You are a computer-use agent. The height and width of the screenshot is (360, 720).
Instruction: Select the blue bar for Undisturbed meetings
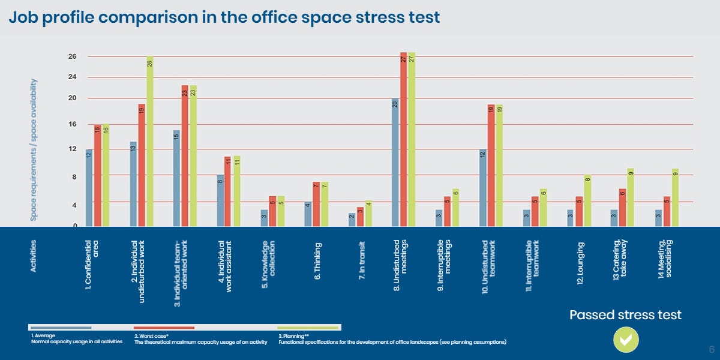[395, 162]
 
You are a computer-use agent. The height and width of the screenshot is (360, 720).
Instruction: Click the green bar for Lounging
[587, 200]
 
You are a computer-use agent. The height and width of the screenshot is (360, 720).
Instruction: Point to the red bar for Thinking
[316, 204]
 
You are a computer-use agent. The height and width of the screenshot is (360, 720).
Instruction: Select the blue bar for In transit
[352, 220]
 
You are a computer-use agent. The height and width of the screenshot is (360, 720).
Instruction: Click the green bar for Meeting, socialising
[675, 197]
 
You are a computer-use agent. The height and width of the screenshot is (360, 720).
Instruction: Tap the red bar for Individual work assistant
[227, 191]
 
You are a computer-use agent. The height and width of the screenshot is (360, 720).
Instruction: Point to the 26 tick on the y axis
[72, 56]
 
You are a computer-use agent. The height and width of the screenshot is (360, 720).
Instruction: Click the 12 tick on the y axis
[72, 149]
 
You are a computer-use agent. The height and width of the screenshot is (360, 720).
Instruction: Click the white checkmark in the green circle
[625, 340]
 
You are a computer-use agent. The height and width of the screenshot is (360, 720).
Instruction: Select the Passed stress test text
[625, 315]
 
